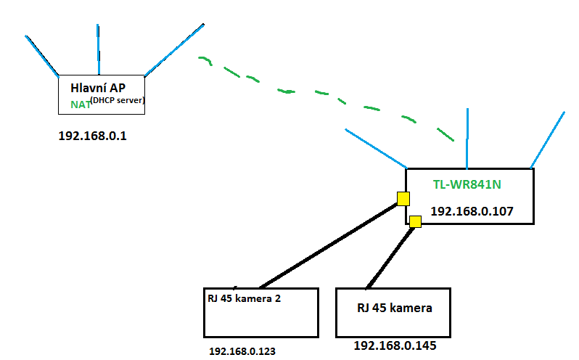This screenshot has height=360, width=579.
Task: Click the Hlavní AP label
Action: coord(100,87)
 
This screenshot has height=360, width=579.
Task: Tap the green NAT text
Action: coord(80,104)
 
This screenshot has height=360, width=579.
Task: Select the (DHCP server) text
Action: coord(118,100)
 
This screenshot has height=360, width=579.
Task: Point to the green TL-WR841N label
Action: coord(467,184)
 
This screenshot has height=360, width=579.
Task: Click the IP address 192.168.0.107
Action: coord(472,211)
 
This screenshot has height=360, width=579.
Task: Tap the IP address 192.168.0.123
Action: coord(242,351)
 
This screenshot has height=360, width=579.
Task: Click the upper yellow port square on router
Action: coord(403,198)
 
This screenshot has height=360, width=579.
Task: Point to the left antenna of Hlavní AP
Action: coord(43,55)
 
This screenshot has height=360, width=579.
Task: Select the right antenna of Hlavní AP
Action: coord(175,50)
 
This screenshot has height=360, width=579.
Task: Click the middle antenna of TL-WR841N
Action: coord(468,138)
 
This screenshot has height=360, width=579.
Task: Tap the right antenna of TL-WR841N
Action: coord(548,140)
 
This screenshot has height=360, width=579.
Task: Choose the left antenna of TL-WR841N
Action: coord(376,149)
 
